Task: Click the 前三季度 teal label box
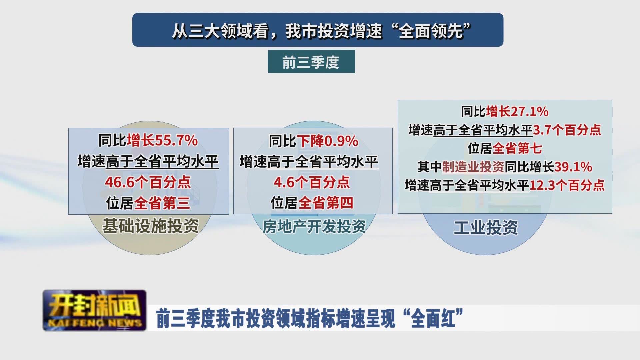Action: point(311,62)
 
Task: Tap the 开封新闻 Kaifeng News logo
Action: point(94,310)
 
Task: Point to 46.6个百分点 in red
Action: point(148,182)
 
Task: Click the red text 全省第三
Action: point(162,203)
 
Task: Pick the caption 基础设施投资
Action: point(150,226)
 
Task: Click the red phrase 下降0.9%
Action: point(327,141)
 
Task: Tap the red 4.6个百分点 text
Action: point(312,182)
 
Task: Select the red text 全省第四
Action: point(326,203)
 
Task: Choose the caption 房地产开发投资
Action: point(314,226)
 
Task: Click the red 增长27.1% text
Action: point(517,112)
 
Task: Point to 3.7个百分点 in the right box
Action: point(567,130)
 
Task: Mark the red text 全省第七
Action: point(517,148)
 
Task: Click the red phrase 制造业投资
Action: point(473,167)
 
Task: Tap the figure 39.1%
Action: point(573,167)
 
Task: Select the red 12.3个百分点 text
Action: point(567,185)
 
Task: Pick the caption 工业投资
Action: point(486,228)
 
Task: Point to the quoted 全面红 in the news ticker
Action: point(433,319)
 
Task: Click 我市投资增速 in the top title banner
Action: point(333,31)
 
